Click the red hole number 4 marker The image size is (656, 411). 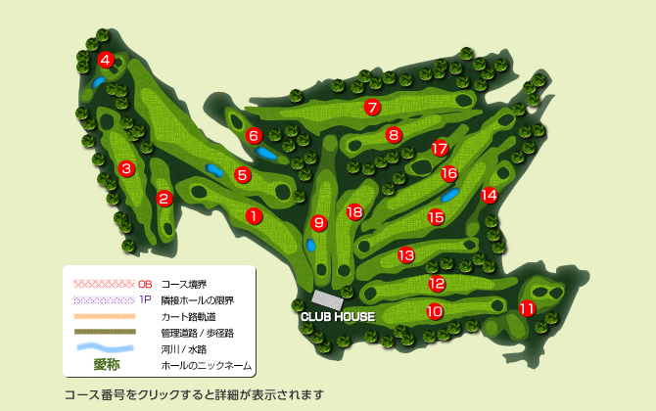[x=106, y=61]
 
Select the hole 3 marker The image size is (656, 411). [x=126, y=169]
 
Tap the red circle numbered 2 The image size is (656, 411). [x=164, y=199]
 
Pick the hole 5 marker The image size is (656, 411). [x=243, y=175]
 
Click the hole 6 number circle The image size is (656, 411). [x=254, y=136]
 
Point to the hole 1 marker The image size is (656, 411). [x=253, y=216]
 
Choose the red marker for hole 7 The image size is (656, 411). [x=371, y=108]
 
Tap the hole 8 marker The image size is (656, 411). [x=394, y=135]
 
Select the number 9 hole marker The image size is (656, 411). [x=318, y=223]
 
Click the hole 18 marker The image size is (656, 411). [x=354, y=211]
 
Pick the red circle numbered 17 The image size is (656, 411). [x=440, y=149]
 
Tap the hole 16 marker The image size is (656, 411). [x=449, y=174]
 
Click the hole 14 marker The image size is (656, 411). [x=489, y=195]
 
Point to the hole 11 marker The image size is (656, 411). [x=527, y=309]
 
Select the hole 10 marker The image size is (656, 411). [x=435, y=311]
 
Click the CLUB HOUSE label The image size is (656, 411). [x=338, y=317]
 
